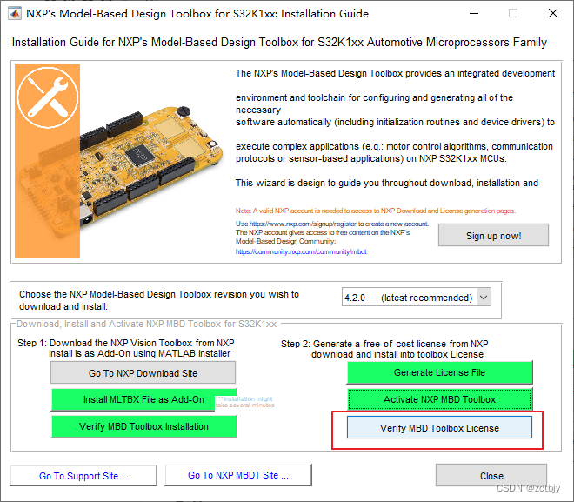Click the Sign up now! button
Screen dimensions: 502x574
point(493,236)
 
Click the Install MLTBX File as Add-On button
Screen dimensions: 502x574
point(143,399)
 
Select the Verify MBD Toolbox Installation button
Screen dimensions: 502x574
point(143,426)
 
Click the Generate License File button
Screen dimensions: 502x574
point(439,372)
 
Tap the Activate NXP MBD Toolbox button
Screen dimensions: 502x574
point(439,399)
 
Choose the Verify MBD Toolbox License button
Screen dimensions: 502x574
point(439,427)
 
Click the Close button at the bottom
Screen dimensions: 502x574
point(491,476)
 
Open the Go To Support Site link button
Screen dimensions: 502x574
point(83,476)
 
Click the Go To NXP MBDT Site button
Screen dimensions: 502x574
point(238,475)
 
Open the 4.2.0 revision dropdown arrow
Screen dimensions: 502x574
point(484,298)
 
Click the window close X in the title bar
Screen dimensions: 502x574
point(552,14)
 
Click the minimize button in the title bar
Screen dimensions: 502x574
point(472,14)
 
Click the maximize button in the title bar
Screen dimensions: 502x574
point(512,14)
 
